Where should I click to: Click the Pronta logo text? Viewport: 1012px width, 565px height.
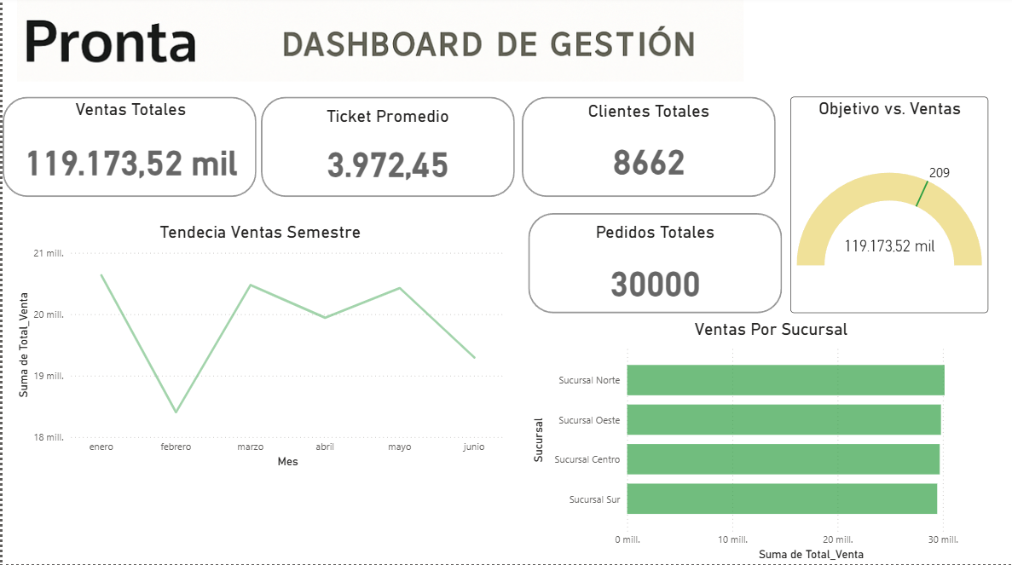coord(111,42)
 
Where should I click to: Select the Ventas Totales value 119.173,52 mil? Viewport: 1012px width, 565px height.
coord(131,163)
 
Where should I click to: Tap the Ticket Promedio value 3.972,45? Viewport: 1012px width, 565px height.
coord(387,165)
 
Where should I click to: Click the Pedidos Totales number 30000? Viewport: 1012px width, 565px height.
coord(655,285)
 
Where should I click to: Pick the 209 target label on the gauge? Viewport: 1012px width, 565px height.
coord(939,173)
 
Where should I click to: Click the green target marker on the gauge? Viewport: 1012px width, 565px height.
coord(922,193)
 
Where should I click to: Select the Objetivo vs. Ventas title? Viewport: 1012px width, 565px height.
coord(889,109)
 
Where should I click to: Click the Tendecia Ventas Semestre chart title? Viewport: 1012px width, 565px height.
coord(260,232)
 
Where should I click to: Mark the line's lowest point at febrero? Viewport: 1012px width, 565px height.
coord(176,412)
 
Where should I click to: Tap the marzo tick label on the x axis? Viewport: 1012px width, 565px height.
coord(250,447)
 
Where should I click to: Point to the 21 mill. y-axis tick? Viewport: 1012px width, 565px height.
coord(49,253)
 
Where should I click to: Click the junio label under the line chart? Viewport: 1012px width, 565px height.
coord(474,447)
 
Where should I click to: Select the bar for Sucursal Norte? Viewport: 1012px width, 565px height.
coord(784,380)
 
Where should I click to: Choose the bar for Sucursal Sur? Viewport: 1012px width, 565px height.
coord(781,499)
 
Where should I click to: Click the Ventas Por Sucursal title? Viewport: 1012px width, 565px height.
coord(771,329)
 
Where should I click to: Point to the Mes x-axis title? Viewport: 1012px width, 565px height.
coord(287,462)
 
